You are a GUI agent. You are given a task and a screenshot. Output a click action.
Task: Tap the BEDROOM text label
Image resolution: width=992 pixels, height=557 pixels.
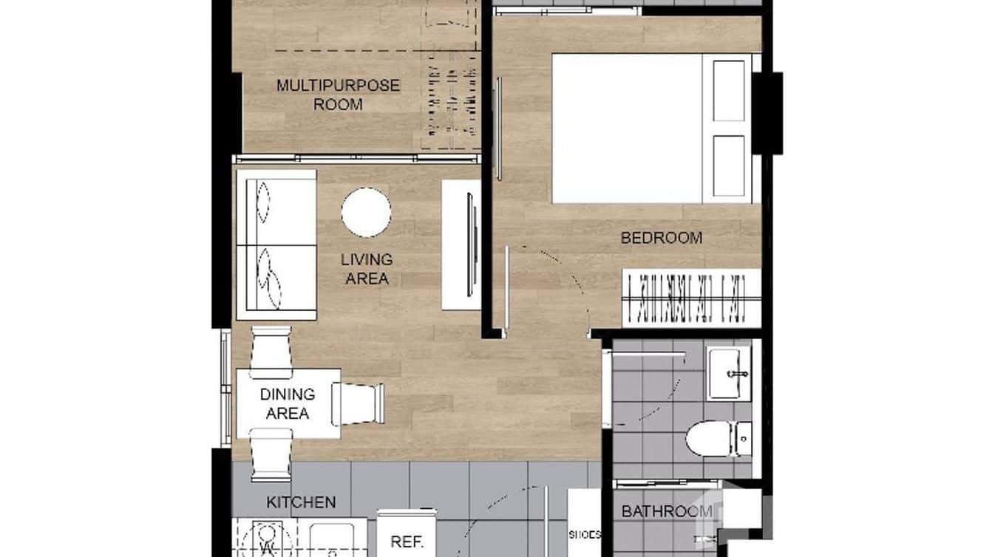click(x=661, y=238)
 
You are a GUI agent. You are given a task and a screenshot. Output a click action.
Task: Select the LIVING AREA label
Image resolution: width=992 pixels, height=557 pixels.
click(x=366, y=269)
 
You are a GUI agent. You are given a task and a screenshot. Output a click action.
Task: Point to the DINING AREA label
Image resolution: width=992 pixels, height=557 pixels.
click(x=287, y=403)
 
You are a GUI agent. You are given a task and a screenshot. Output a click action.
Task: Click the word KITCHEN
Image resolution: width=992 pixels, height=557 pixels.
click(x=301, y=502)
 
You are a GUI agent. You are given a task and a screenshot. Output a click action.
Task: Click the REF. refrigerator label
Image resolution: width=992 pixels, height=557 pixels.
click(x=406, y=541)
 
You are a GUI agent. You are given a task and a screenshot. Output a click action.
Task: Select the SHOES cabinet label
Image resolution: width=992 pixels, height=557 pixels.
click(x=585, y=535)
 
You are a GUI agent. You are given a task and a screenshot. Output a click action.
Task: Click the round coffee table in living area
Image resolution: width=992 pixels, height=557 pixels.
click(x=366, y=213)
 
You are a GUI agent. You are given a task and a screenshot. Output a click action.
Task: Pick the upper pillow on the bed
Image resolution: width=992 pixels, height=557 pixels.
click(x=729, y=91)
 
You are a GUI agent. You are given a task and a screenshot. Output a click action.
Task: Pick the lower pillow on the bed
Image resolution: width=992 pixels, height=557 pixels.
click(x=729, y=165)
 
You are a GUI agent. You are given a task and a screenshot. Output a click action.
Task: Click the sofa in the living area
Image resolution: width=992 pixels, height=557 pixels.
click(x=275, y=245)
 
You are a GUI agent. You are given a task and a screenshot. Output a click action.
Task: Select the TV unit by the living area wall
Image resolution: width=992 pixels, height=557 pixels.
click(x=461, y=245)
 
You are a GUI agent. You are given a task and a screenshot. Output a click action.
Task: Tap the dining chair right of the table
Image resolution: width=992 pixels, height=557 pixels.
click(x=359, y=403)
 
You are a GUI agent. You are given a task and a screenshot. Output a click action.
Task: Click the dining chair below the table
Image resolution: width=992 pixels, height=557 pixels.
click(x=271, y=454)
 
